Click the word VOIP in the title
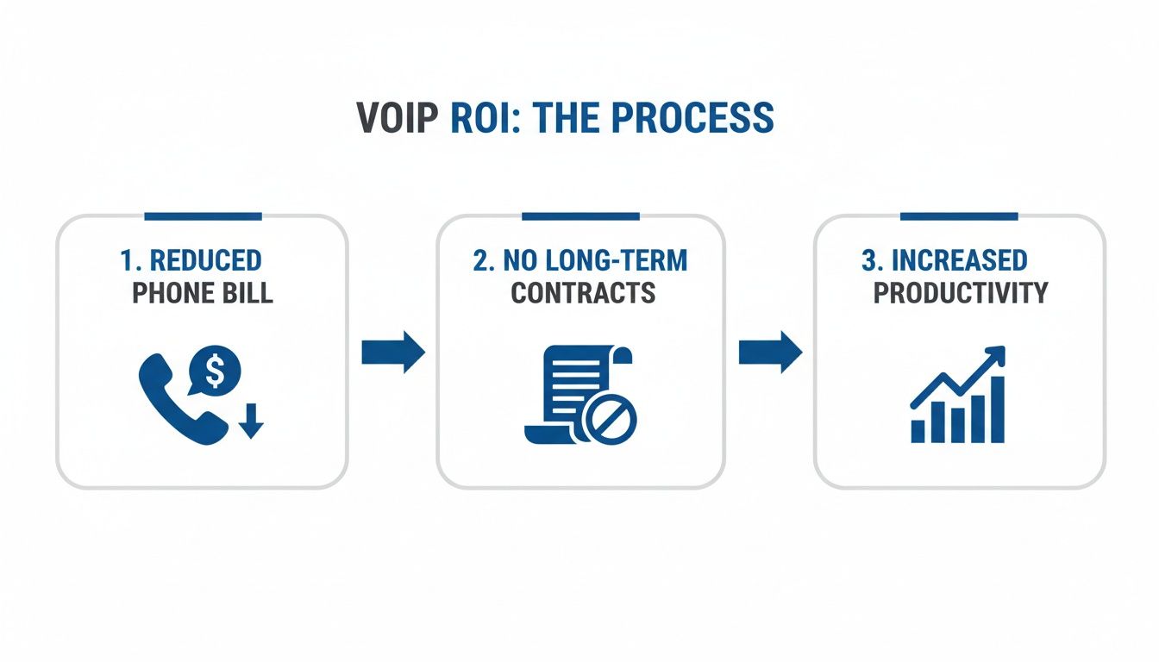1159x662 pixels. point(398,118)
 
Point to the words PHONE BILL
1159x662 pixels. point(202,293)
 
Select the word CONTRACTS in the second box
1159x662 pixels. point(583,293)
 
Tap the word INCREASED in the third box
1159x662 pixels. point(959,260)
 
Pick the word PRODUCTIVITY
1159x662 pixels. point(960,293)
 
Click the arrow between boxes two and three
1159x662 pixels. point(770,352)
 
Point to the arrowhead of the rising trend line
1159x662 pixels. point(997,354)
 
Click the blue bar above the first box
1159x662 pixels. point(203,215)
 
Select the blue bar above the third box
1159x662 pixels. point(959,215)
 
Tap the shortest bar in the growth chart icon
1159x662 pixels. point(918,431)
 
